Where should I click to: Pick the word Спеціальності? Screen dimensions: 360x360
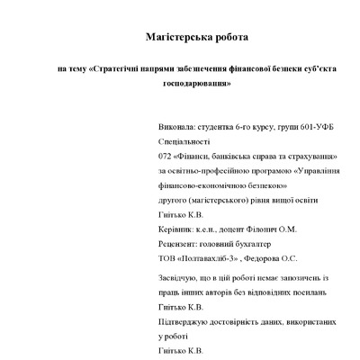[x=159, y=141]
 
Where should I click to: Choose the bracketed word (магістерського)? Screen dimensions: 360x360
[x=189, y=200]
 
